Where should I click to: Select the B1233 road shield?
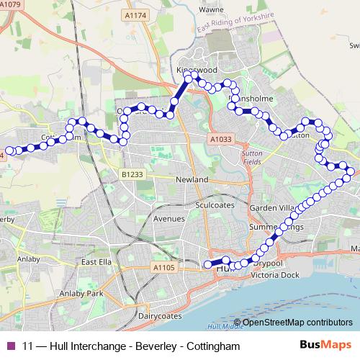(x=132, y=174)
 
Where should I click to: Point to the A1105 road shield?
(x=163, y=268)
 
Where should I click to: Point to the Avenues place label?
(x=169, y=218)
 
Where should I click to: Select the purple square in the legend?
(x=10, y=346)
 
